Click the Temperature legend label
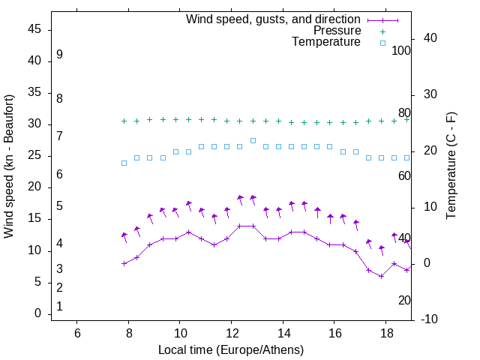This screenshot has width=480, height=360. click(326, 42)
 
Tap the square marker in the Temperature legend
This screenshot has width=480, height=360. click(382, 43)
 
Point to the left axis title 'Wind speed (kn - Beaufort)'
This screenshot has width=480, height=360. click(9, 166)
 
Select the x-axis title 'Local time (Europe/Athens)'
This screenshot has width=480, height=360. click(231, 350)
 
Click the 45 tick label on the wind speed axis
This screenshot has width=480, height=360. click(34, 29)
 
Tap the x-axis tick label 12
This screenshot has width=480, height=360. click(231, 333)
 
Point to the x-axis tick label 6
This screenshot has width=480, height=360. click(77, 333)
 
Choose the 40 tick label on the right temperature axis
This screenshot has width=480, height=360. click(425, 38)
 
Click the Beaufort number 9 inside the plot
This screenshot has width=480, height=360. click(59, 55)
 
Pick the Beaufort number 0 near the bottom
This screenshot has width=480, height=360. click(59, 307)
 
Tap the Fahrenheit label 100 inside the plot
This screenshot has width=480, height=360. click(401, 51)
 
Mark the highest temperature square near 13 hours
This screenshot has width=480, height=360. click(253, 140)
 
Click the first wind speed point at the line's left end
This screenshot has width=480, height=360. click(124, 263)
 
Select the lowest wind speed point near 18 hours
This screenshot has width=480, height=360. click(381, 276)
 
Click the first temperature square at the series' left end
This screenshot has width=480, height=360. click(124, 163)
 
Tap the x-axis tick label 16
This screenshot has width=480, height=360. click(334, 333)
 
